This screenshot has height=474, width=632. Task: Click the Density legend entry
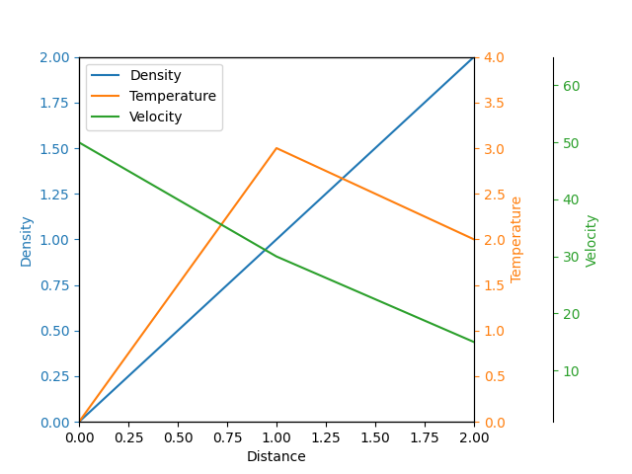point(155,75)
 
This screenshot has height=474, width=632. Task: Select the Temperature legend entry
point(172,96)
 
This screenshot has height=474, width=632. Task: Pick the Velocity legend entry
point(155,117)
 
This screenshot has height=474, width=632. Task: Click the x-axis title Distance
point(276,456)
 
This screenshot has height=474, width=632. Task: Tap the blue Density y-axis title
point(27,240)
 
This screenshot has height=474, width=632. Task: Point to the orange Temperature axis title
point(516,239)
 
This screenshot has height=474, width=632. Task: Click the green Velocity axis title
point(592,240)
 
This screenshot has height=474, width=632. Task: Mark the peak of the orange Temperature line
point(276,148)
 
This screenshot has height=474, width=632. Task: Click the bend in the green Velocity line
point(276,257)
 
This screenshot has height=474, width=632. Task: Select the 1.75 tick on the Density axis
point(55,103)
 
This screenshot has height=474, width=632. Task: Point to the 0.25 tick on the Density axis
point(55,376)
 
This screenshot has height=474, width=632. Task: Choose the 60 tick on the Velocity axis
point(571,86)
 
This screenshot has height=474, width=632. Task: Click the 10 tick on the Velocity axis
point(571,371)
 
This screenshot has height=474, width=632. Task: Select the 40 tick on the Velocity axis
point(571,199)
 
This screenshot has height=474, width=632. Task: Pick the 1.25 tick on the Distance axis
point(326,436)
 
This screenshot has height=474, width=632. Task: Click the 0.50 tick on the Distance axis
point(178,436)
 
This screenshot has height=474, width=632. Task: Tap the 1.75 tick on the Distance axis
point(425,436)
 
